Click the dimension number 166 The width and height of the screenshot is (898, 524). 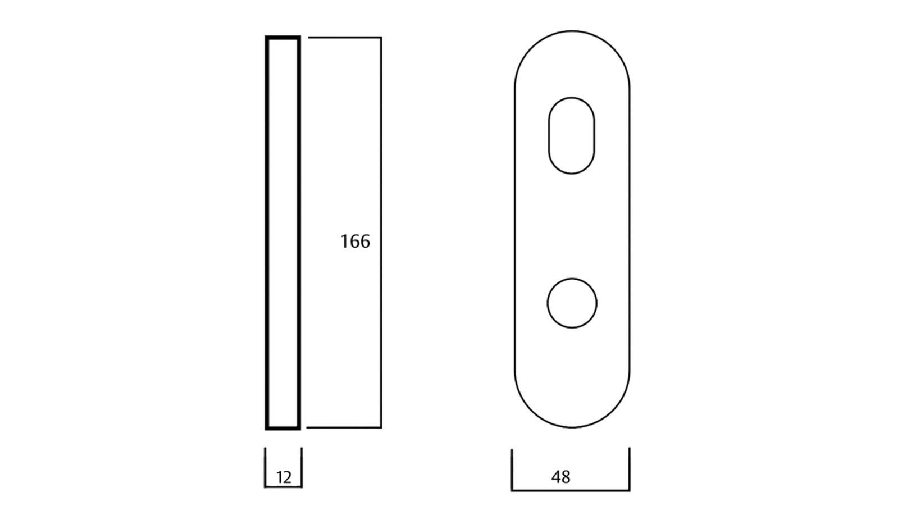click(x=355, y=242)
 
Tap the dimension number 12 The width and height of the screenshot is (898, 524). click(x=284, y=477)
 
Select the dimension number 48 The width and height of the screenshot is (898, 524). click(x=561, y=477)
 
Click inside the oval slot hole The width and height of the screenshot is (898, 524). click(x=572, y=135)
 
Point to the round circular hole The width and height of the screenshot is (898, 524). click(x=572, y=303)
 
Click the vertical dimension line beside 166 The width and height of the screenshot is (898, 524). click(x=381, y=233)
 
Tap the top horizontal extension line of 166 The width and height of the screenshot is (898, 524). click(x=345, y=38)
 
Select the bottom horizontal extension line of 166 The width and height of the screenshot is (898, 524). click(x=344, y=427)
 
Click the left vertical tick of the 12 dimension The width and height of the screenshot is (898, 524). click(x=265, y=467)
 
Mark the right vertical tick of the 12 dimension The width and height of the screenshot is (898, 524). click(x=302, y=467)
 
